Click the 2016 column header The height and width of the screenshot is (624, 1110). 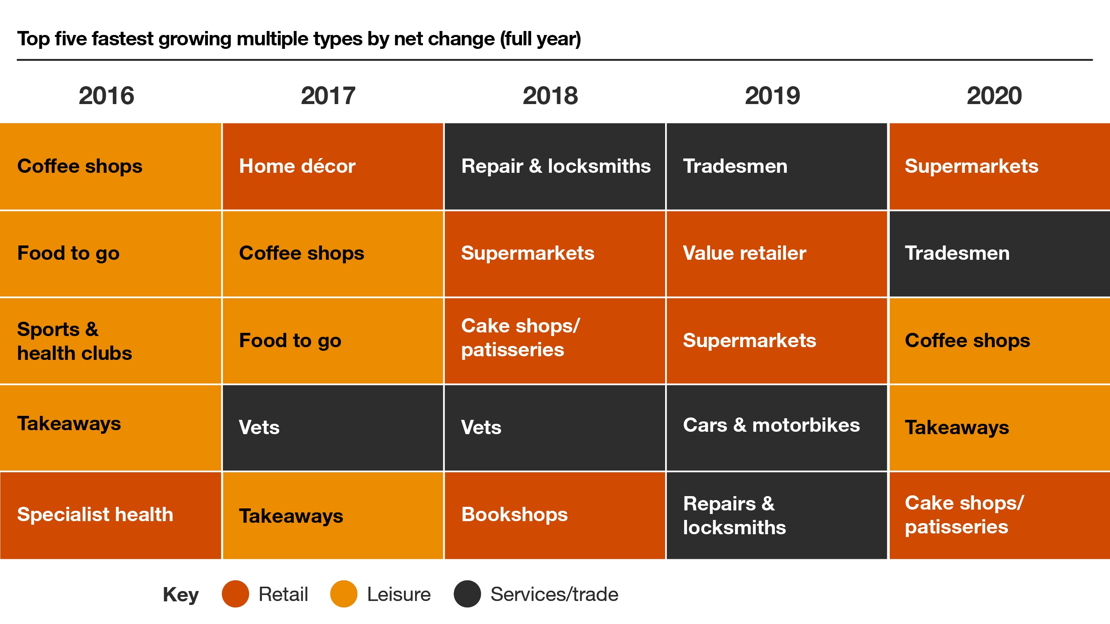[x=106, y=96]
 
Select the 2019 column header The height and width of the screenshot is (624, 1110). [x=772, y=96]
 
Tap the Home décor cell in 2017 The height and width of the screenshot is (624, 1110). [x=332, y=166]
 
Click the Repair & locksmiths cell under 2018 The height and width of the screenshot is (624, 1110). [x=555, y=166]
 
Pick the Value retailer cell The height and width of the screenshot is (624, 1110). [x=776, y=253]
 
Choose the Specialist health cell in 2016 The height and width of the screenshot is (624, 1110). [x=110, y=515]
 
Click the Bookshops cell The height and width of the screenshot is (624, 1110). [x=555, y=515]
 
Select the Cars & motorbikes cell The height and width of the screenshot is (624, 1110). [x=776, y=426]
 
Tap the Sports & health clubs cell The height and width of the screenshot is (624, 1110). [x=110, y=341]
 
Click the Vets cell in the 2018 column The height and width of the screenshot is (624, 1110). [x=555, y=428]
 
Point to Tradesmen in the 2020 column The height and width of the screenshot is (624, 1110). [x=999, y=253]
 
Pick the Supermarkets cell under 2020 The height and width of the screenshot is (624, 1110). [x=999, y=166]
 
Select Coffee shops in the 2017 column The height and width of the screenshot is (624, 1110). [x=332, y=253]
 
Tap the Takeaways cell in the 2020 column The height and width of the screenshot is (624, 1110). [x=999, y=428]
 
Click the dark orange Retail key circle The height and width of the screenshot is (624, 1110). [x=235, y=594]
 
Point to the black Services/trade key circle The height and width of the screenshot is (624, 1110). [x=467, y=594]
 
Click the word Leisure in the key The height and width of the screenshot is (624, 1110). [x=399, y=594]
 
